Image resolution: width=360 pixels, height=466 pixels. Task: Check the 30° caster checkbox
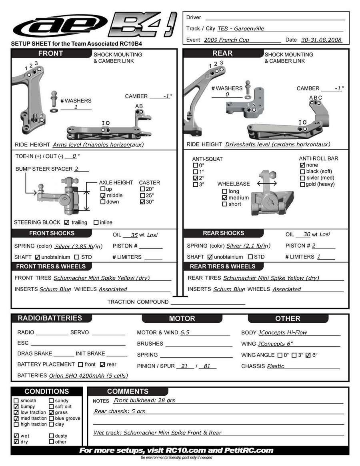142,202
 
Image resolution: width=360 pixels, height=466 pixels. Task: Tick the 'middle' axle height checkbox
103,196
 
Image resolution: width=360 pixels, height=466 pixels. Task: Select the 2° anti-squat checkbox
195,178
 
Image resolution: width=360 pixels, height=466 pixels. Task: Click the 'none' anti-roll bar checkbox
302,165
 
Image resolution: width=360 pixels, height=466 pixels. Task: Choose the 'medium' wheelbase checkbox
224,198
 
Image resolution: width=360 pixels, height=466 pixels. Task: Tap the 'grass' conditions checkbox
52,412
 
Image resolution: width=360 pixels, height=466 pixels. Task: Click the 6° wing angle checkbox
308,355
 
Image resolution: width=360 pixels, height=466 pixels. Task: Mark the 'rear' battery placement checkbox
102,364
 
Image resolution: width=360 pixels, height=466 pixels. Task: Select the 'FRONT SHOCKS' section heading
52,233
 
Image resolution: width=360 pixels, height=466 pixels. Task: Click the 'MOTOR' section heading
182,318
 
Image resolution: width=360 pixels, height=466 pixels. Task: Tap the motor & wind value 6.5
185,332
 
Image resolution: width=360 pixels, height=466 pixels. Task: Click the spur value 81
207,366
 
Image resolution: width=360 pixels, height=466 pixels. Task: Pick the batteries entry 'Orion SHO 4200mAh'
88,376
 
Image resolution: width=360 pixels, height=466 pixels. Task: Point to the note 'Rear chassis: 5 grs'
120,411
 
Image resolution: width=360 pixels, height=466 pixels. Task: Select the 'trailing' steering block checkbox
67,222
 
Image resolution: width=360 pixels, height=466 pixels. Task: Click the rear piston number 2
314,246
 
